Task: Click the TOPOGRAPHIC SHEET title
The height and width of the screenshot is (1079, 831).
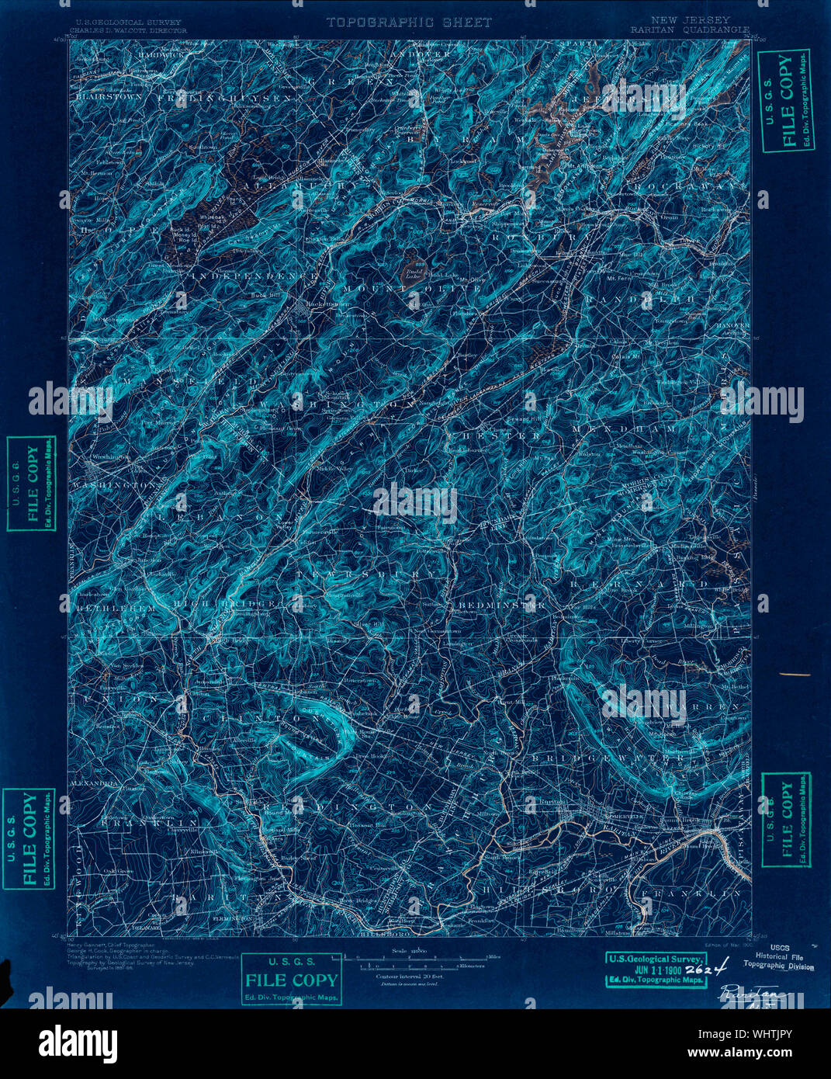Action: [x=408, y=23]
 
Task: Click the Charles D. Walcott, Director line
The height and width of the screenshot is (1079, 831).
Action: [x=128, y=31]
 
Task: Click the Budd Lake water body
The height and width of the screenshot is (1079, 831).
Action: [x=412, y=272]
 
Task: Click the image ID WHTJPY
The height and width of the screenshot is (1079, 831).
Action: [x=764, y=1039]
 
